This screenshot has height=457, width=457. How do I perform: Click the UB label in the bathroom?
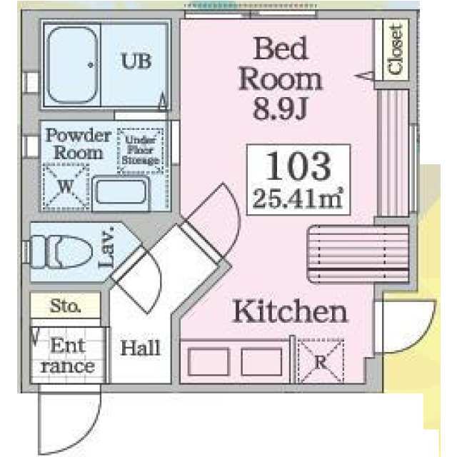[x=136, y=61]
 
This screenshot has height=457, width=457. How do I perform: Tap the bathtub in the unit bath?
[x=72, y=65]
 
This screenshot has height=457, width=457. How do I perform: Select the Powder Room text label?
[x=79, y=144]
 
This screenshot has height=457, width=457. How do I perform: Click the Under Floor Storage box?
[x=140, y=151]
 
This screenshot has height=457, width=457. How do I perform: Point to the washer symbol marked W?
[x=66, y=186]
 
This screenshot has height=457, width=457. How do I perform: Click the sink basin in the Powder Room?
[x=121, y=192]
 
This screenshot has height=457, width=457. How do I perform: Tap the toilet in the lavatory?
[x=61, y=252]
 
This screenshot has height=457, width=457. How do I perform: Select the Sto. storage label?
[x=65, y=306]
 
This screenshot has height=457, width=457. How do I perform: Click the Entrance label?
[x=68, y=356]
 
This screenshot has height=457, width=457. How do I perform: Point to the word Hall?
[x=141, y=348]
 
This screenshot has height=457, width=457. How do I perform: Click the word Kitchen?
[x=290, y=311]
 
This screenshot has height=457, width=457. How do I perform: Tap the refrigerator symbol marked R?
[x=321, y=361]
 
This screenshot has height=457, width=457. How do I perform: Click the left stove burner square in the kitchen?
[x=209, y=362]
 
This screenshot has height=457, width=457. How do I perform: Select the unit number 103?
[x=298, y=166]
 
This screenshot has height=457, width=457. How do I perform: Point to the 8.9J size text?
[x=281, y=108]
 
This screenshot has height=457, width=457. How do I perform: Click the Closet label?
[x=396, y=49]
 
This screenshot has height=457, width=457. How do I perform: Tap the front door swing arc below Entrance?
[x=87, y=431]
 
